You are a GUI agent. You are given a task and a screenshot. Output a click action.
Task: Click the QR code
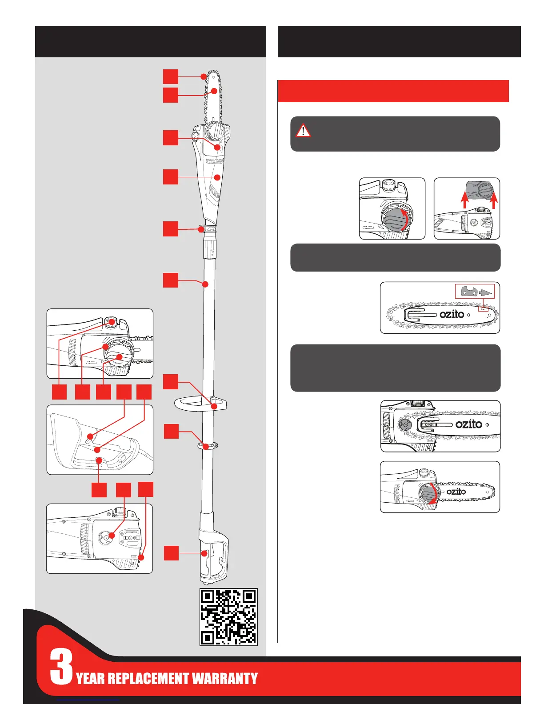[228, 617]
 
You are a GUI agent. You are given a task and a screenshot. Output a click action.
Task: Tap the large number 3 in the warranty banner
[61, 667]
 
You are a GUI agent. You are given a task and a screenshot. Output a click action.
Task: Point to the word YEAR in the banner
[91, 679]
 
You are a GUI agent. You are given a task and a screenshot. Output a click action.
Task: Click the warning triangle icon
[303, 131]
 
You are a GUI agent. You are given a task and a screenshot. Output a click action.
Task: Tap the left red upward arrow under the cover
[464, 200]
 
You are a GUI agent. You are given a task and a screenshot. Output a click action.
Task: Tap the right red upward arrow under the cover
[493, 200]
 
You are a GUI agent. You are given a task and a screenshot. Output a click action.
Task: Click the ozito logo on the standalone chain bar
[452, 314]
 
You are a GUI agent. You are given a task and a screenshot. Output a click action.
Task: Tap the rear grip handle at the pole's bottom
[216, 556]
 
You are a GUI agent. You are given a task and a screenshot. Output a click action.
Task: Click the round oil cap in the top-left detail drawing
[111, 321]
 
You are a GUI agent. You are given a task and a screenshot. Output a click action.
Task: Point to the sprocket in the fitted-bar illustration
[405, 425]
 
